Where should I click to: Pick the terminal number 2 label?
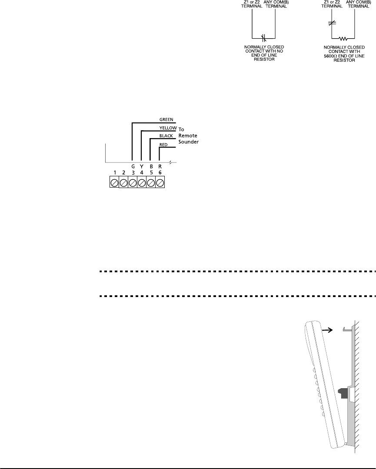[123, 172]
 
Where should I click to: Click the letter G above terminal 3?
[133, 166]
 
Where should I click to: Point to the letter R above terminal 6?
[160, 166]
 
